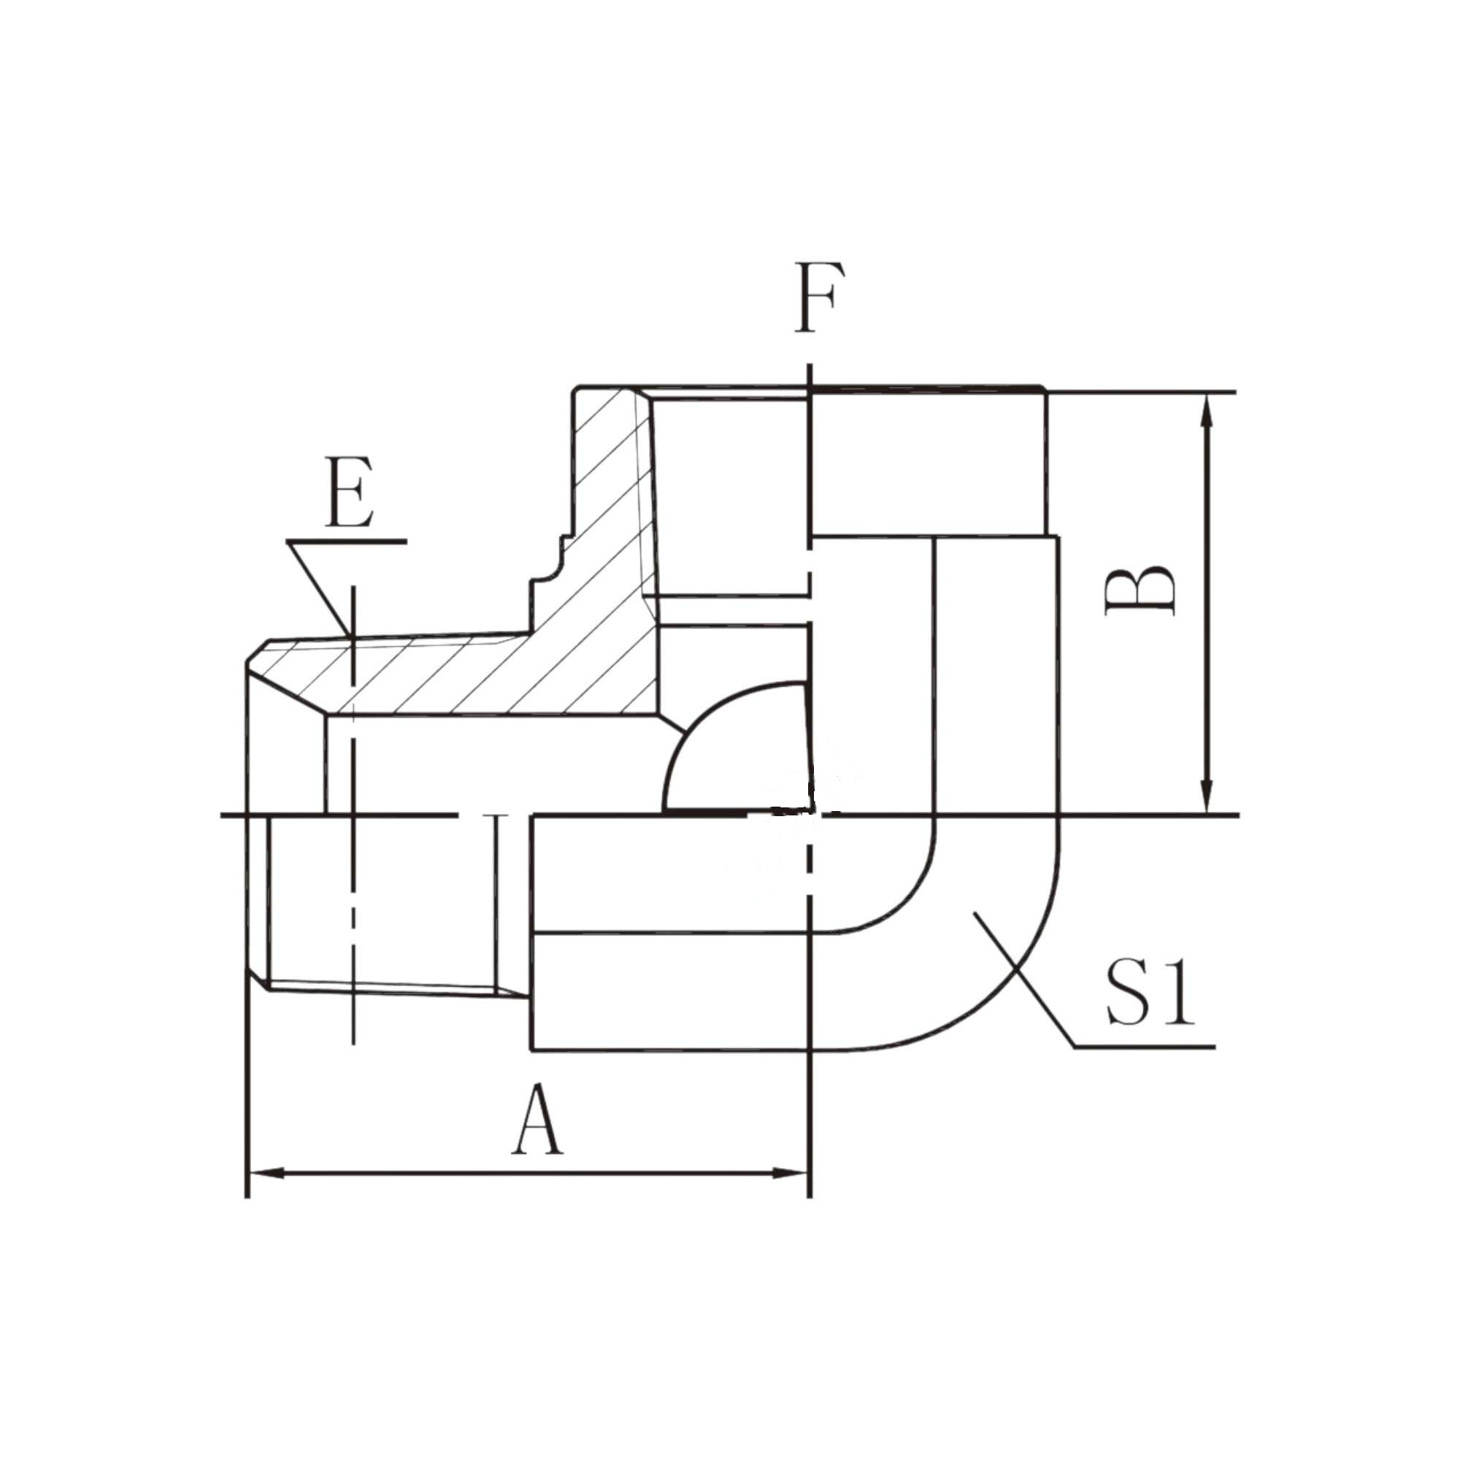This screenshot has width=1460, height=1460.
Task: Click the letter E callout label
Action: [x=349, y=492]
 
